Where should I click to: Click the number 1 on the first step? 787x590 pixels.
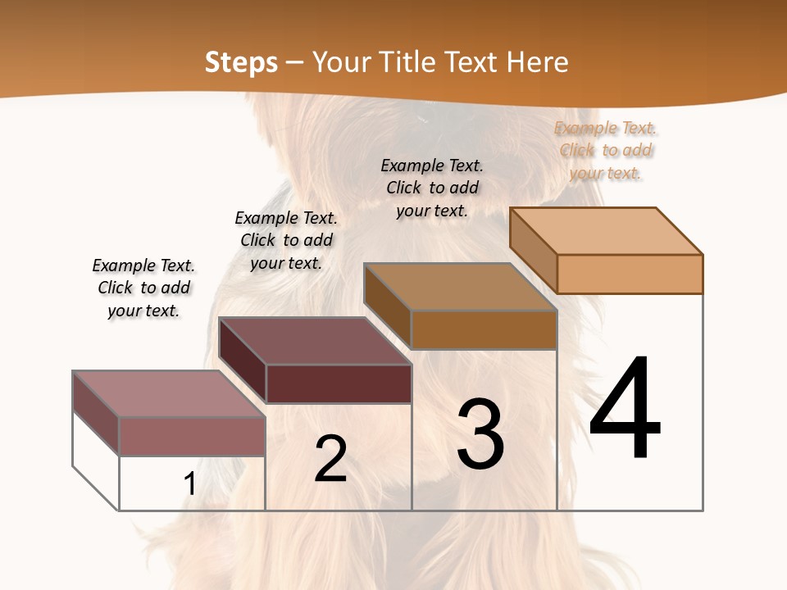pyautogui.click(x=190, y=483)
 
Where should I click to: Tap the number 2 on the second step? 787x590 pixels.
pyautogui.click(x=330, y=459)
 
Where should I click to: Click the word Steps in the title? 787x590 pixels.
pyautogui.click(x=241, y=62)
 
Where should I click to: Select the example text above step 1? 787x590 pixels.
pyautogui.click(x=143, y=288)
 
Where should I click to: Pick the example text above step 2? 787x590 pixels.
pyautogui.click(x=286, y=240)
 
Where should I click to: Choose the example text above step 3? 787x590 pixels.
pyautogui.click(x=432, y=188)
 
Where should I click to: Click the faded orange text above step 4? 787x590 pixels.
pyautogui.click(x=606, y=150)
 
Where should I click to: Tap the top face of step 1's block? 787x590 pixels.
pyautogui.click(x=168, y=394)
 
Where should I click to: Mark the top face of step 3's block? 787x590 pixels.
pyautogui.click(x=459, y=287)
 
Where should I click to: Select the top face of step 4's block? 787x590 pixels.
pyautogui.click(x=605, y=231)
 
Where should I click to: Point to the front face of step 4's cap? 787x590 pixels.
pyautogui.click(x=630, y=274)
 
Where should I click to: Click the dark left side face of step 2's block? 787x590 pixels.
pyautogui.click(x=243, y=361)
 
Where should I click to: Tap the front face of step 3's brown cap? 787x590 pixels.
pyautogui.click(x=484, y=329)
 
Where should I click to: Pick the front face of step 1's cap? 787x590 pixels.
pyautogui.click(x=192, y=436)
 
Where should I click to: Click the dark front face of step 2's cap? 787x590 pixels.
pyautogui.click(x=338, y=383)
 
